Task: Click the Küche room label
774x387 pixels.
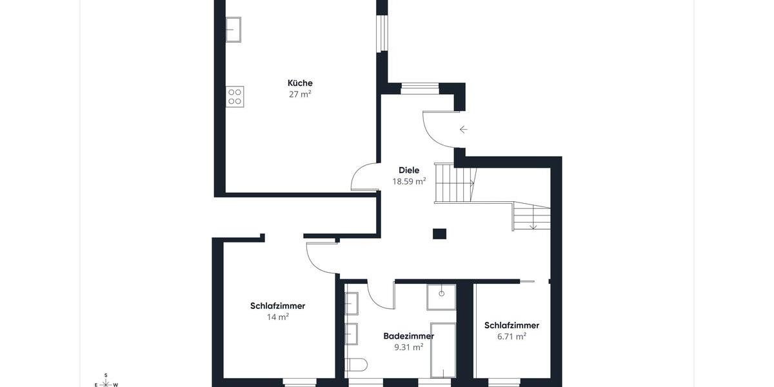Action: click(300, 83)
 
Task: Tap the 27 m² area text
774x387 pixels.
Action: click(300, 94)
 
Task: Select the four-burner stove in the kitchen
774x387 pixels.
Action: click(235, 97)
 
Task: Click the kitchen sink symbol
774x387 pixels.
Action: click(233, 30)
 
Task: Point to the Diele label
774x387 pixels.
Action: click(409, 170)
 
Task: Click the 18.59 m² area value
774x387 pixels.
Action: click(409, 182)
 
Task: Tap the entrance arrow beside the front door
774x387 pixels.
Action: click(463, 130)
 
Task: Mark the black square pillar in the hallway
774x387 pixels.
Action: click(439, 233)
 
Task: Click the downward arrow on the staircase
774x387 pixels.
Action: click(533, 225)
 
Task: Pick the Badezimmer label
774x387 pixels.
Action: click(408, 336)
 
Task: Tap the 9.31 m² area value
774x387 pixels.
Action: click(408, 347)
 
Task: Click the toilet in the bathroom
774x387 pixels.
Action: click(356, 365)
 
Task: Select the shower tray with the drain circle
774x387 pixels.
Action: click(441, 297)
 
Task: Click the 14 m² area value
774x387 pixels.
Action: click(277, 317)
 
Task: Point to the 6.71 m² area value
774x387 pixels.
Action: click(511, 336)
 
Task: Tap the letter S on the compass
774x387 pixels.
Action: click(106, 375)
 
